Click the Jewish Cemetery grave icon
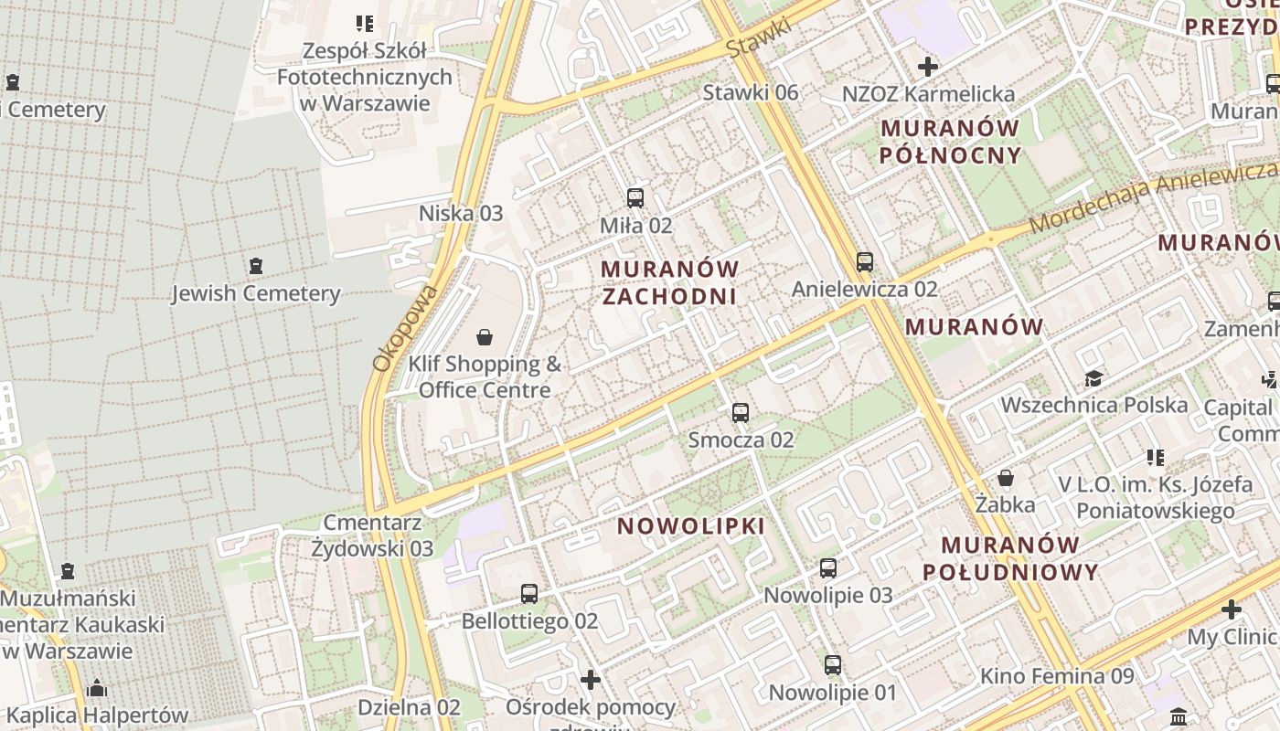click(x=256, y=266)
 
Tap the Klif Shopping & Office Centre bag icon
click(x=485, y=338)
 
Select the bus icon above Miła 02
click(x=635, y=197)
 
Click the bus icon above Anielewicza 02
click(x=865, y=262)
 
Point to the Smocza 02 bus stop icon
click(x=741, y=413)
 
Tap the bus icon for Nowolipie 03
click(x=828, y=568)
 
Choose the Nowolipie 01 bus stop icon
click(x=833, y=665)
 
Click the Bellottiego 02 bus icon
click(x=529, y=594)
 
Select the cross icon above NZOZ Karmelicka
click(x=928, y=67)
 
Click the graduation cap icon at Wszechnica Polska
click(x=1093, y=378)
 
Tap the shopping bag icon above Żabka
click(x=1006, y=478)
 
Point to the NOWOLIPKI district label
click(x=691, y=526)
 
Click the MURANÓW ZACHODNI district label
click(x=670, y=282)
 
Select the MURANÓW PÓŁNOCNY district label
click(x=951, y=142)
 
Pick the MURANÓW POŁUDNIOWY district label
click(x=1010, y=558)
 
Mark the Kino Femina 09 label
click(x=1057, y=676)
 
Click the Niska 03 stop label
click(x=461, y=213)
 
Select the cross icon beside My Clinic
click(x=1232, y=609)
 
